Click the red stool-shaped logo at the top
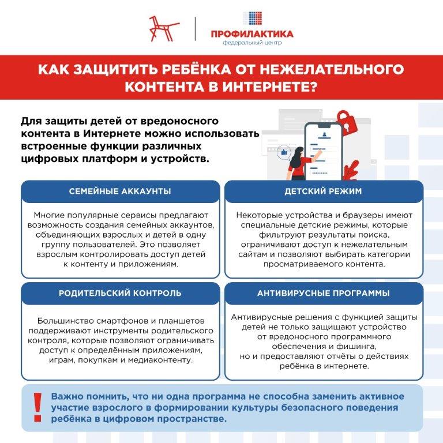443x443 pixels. coord(161,28)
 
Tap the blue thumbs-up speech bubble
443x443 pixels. coord(283,152)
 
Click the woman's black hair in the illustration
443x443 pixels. coord(300,154)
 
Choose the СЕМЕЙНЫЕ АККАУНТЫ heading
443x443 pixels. coord(120,191)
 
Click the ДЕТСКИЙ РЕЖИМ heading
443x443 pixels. coord(322,191)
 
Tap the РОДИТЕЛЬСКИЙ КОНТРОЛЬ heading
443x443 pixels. coord(120,293)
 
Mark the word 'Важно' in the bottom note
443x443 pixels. coord(66,397)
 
